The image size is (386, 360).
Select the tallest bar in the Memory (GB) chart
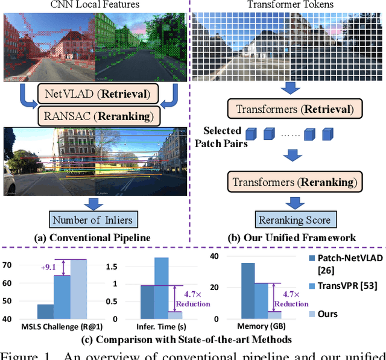[x=247, y=290]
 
